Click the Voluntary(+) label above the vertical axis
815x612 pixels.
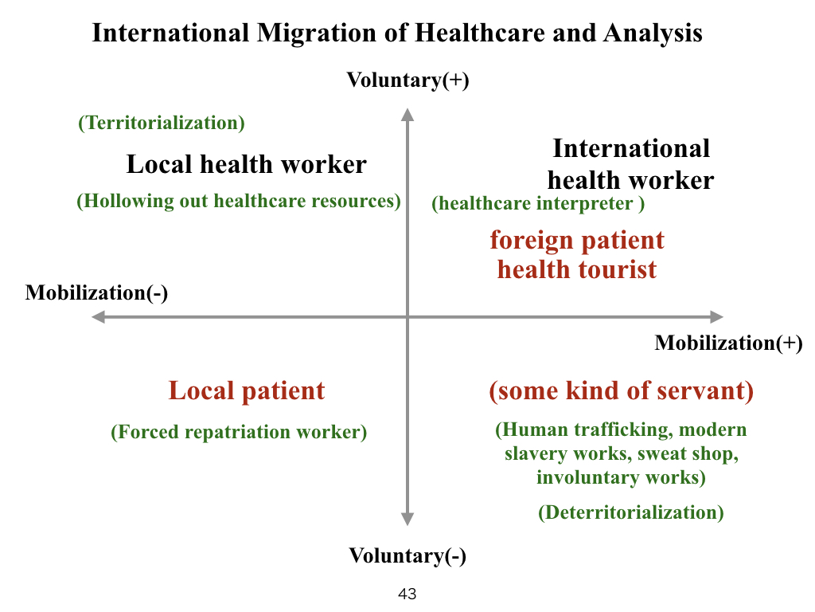point(408,80)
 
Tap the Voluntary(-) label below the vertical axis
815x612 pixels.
point(407,555)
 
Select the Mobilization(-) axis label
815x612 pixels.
point(96,293)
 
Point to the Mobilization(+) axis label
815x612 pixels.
point(729,343)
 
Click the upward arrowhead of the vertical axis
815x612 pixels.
point(407,115)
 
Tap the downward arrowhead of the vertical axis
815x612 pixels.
point(407,519)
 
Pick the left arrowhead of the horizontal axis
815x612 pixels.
point(98,317)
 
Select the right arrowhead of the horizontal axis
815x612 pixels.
point(717,317)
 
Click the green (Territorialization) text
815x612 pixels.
point(162,123)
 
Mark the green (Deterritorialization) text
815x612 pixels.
point(631,512)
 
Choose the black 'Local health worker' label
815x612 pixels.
point(247,164)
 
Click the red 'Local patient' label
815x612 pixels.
point(247,390)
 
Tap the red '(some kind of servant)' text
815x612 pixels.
point(621,390)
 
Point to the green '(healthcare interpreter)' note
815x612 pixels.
point(538,203)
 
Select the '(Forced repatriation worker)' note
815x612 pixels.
point(239,432)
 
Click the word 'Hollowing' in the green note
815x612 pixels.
point(129,202)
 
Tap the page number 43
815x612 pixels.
point(407,594)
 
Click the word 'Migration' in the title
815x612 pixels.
point(317,33)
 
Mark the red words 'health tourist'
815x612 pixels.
point(577,269)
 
